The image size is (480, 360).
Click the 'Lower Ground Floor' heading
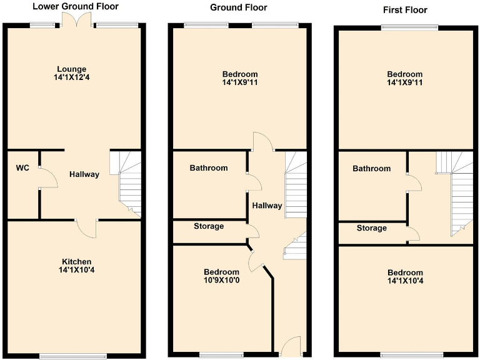[x=76, y=7]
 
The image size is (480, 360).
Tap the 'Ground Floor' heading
[x=238, y=7]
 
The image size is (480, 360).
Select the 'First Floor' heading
[x=404, y=10]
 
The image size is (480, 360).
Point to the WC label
[x=23, y=168]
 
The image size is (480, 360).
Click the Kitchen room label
[x=77, y=261]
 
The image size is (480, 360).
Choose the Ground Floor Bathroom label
[x=209, y=168]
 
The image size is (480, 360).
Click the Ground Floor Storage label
[x=208, y=226]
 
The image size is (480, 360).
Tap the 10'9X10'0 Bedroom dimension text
[x=221, y=281]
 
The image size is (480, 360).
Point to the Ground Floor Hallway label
[x=267, y=206]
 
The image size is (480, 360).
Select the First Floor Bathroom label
[x=371, y=169]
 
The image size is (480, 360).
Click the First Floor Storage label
[x=371, y=228]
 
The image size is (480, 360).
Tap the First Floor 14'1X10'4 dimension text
[x=405, y=281]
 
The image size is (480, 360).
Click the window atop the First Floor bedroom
[x=409, y=27]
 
